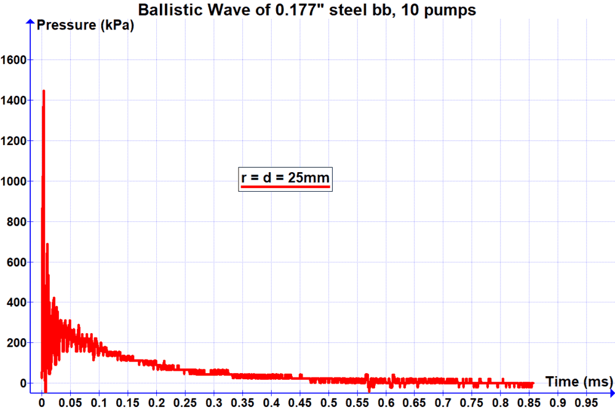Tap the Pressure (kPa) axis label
coord(85,26)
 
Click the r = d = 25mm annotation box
coord(285,179)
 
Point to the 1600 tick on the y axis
coord(14,60)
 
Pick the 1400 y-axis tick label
coord(14,100)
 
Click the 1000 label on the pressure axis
coord(14,181)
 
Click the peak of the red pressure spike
coord(43,91)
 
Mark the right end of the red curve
coord(533,384)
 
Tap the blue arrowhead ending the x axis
coord(611,392)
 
